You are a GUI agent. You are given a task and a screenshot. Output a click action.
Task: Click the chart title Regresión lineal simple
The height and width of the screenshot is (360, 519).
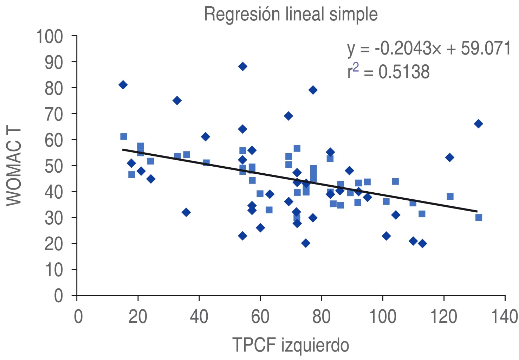(291, 15)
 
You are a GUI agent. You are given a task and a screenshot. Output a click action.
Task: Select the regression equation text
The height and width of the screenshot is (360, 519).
(429, 49)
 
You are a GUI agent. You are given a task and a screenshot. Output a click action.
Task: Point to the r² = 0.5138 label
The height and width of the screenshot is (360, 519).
(388, 71)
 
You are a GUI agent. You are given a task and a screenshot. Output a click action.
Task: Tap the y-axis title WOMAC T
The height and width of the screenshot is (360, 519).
(14, 166)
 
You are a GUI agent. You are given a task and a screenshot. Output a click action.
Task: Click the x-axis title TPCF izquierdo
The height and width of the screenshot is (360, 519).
(291, 345)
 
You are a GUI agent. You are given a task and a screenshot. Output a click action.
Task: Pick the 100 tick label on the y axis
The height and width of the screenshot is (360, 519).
(50, 37)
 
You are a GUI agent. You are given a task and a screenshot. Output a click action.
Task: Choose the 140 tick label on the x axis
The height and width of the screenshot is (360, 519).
(504, 316)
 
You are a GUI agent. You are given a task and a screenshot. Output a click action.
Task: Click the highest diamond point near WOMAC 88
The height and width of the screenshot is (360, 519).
(242, 66)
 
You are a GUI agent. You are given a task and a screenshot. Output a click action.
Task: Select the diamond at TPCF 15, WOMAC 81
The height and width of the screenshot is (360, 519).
(123, 85)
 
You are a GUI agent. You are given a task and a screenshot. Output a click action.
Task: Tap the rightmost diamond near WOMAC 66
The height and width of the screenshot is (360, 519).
(478, 124)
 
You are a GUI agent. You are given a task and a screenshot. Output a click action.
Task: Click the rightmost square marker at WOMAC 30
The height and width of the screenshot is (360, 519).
(479, 218)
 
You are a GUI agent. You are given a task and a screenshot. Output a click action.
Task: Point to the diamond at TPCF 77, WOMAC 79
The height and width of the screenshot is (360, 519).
(313, 90)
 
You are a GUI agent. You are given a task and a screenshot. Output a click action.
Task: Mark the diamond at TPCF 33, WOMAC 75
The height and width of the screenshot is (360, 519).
(177, 101)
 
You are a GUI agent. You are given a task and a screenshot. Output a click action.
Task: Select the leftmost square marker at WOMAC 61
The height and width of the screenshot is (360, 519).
(124, 136)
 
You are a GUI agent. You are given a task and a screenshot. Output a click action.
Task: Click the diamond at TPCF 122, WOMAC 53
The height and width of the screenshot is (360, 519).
(449, 157)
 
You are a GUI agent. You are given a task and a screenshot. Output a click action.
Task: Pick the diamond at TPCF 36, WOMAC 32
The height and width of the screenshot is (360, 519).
(186, 212)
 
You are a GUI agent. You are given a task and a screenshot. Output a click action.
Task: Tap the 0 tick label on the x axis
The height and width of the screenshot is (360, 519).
(78, 316)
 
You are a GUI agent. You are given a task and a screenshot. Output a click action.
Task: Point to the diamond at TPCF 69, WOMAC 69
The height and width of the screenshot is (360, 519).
(288, 116)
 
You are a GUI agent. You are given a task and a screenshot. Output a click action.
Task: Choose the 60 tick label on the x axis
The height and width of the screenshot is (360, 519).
(260, 316)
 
